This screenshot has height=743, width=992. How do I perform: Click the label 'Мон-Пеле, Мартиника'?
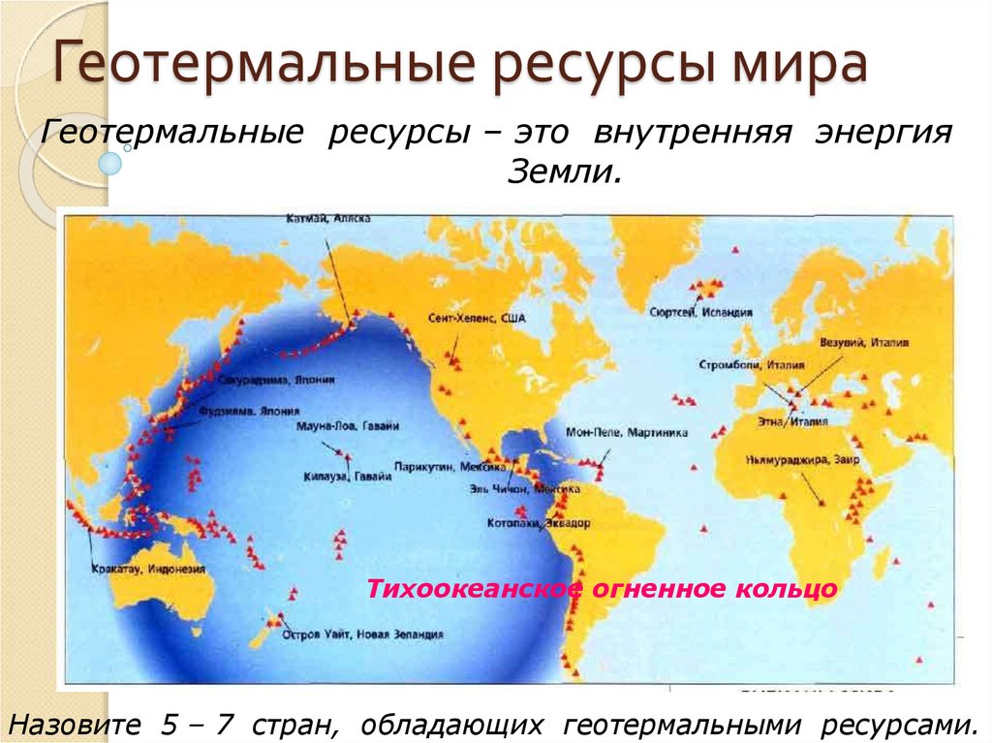[641, 433]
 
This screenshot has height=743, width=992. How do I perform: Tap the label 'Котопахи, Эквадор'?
[538, 522]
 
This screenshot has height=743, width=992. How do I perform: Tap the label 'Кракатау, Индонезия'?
[147, 569]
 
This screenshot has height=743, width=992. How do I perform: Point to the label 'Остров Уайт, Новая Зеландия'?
[362, 635]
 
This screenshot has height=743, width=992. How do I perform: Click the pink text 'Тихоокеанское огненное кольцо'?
[601, 588]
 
